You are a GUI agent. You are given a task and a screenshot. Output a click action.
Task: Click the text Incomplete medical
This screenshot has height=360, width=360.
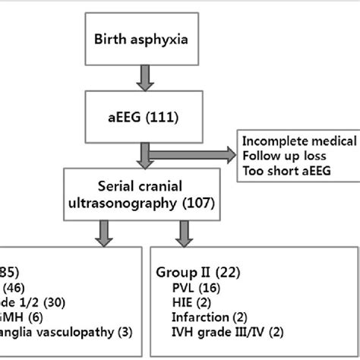coord(301,141)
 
